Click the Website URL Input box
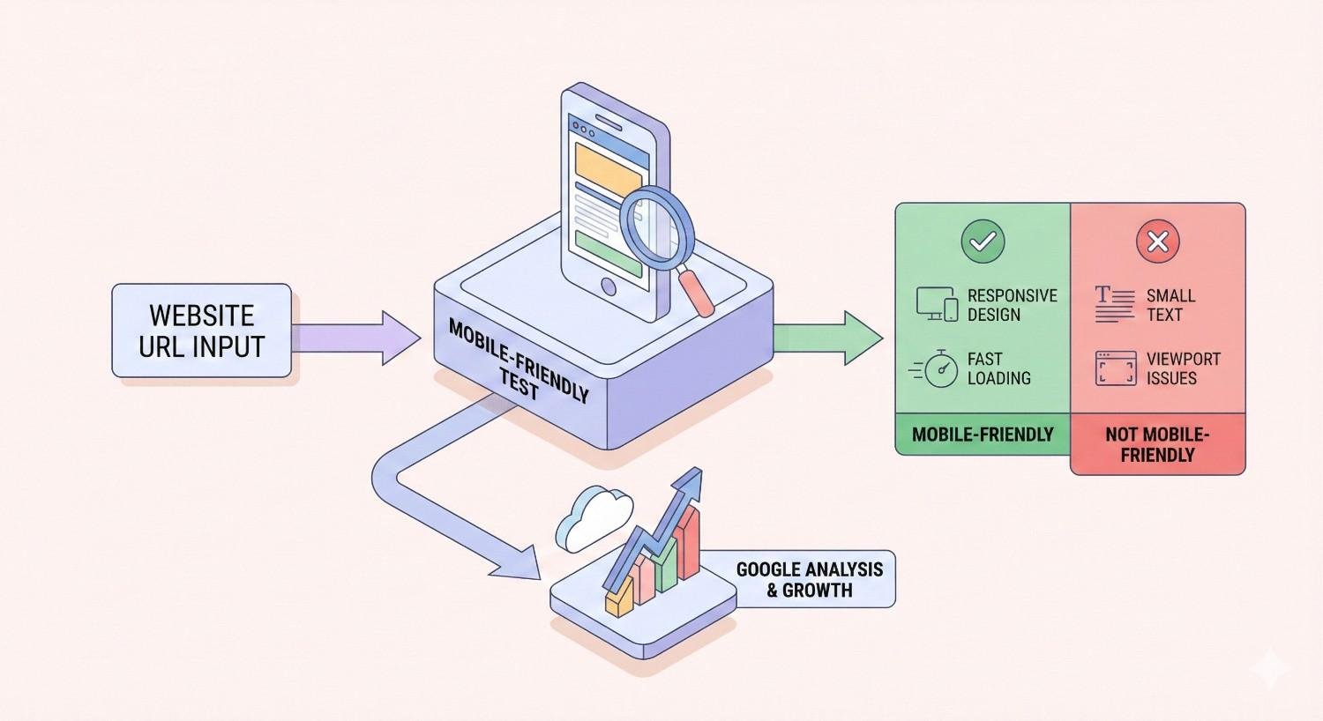tap(201, 331)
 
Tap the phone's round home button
tap(608, 286)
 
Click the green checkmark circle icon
tap(983, 242)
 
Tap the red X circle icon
tap(1157, 242)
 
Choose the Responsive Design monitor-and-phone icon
tap(937, 304)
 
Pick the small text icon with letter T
tap(1114, 304)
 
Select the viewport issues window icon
tap(1116, 368)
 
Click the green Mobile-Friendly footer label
tap(983, 435)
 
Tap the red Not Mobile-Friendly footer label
tap(1157, 444)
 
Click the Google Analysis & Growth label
tap(809, 580)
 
